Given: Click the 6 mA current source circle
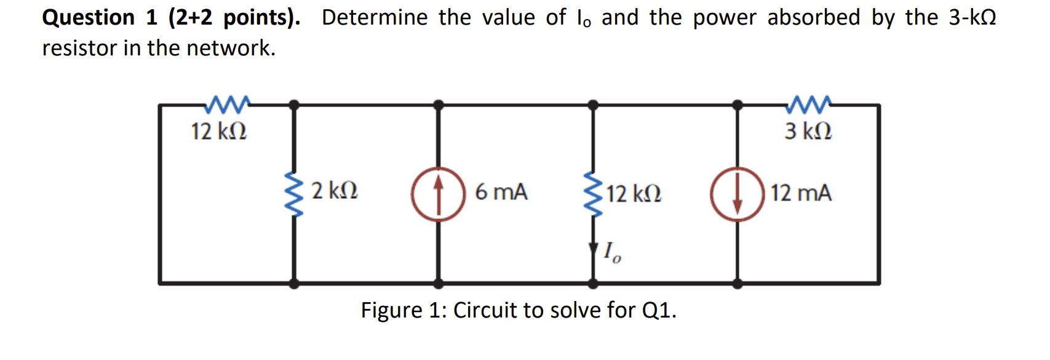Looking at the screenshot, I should [438, 193].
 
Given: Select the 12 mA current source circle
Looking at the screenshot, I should [738, 193].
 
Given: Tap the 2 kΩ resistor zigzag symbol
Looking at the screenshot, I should [295, 193].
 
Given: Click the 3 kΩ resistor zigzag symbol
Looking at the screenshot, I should [808, 105].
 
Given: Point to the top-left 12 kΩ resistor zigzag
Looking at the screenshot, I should [227, 105].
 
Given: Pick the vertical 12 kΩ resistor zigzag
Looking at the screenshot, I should [593, 193].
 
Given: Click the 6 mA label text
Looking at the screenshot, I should [501, 192].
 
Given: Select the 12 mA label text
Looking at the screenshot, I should [801, 193].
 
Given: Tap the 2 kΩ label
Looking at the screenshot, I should [335, 191].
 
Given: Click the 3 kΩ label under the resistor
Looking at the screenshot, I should [808, 131].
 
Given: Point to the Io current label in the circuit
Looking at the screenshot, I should [612, 252].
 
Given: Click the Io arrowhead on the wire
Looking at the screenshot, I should [593, 249].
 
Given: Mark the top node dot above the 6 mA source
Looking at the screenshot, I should [438, 105].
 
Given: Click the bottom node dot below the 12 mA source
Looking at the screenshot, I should [738, 284].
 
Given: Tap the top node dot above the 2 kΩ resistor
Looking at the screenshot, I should [295, 105].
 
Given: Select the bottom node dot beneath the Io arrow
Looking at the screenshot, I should [593, 284].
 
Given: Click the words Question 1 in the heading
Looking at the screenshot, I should [100, 17].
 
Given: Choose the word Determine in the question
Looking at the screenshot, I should [374, 17].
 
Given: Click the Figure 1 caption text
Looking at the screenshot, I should [518, 310].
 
